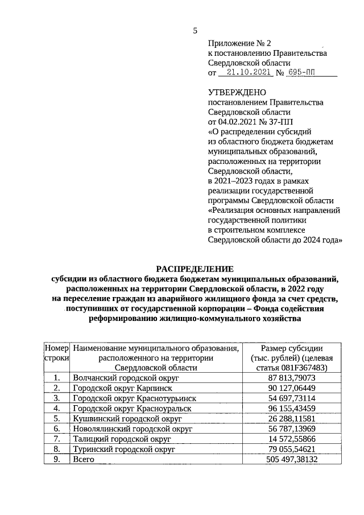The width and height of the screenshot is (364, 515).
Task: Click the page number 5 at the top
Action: tap(194, 31)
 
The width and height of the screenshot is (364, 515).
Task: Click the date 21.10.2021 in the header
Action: tap(246, 73)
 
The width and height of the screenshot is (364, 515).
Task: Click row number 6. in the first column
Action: tap(56, 429)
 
